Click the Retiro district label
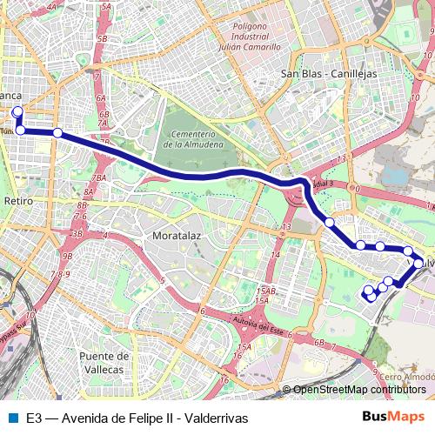pyautogui.click(x=18, y=201)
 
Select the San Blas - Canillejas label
pyautogui.click(x=329, y=74)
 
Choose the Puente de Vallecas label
pyautogui.click(x=104, y=363)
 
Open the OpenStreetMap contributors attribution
pyautogui.click(x=359, y=390)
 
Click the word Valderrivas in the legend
pyautogui.click(x=217, y=418)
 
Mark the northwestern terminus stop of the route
pyautogui.click(x=17, y=111)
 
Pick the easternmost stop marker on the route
pyautogui.click(x=418, y=263)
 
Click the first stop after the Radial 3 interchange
pyautogui.click(x=329, y=223)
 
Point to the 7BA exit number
pyautogui.click(x=99, y=177)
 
